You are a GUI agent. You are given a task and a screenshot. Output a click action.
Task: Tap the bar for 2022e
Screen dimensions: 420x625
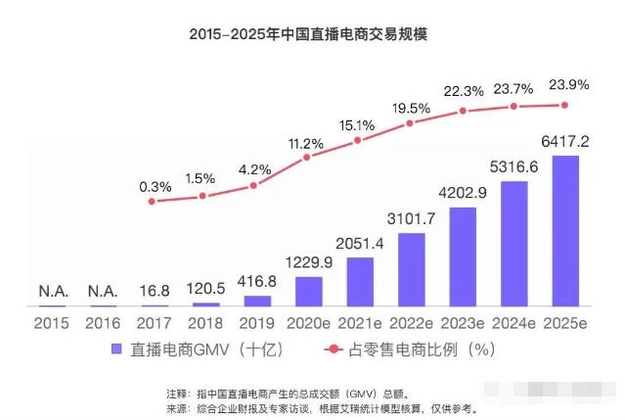pyautogui.click(x=411, y=269)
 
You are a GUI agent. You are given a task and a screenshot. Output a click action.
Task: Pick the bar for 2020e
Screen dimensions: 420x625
pyautogui.click(x=308, y=291)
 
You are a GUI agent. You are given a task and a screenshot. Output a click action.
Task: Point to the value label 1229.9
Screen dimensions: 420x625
pyautogui.click(x=308, y=263)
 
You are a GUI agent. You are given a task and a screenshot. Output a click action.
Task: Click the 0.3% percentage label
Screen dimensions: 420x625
pyautogui.click(x=155, y=185)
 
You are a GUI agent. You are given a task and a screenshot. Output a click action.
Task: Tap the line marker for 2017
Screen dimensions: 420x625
pyautogui.click(x=152, y=202)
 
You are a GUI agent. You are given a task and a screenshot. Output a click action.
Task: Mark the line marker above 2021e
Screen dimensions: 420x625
pyautogui.click(x=358, y=141)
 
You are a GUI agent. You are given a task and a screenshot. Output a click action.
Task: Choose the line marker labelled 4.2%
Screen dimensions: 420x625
pyautogui.click(x=254, y=185)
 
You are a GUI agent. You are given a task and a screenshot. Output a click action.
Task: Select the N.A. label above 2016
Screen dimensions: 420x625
pyautogui.click(x=103, y=291)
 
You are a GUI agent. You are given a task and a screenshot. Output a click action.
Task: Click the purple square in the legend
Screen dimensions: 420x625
pyautogui.click(x=115, y=349)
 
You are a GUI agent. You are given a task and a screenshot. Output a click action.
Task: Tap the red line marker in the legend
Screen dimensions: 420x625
pyautogui.click(x=334, y=349)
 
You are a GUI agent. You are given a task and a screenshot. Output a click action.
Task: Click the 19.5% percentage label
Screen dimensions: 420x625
pyautogui.click(x=411, y=107)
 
